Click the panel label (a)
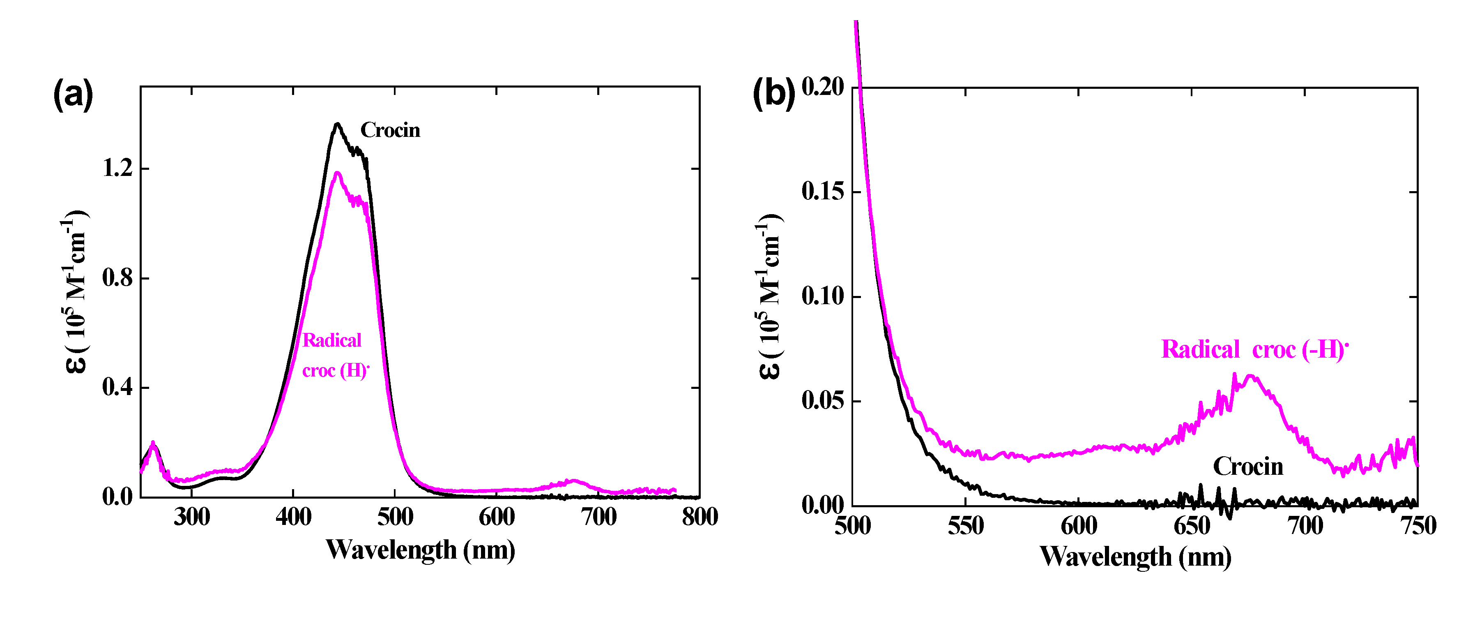tap(73, 95)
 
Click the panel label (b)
tap(773, 93)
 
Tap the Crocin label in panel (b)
tap(1248, 466)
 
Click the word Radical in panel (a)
tap(332, 340)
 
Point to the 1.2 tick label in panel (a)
tap(117, 168)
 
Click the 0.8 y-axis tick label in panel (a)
tap(117, 278)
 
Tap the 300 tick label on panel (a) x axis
tap(191, 517)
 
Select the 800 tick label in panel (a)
tap(700, 517)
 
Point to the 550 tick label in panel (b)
tap(965, 525)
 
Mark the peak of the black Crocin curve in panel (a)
tap(337, 124)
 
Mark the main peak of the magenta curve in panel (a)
tap(337, 173)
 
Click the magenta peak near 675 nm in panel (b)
tap(1250, 377)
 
